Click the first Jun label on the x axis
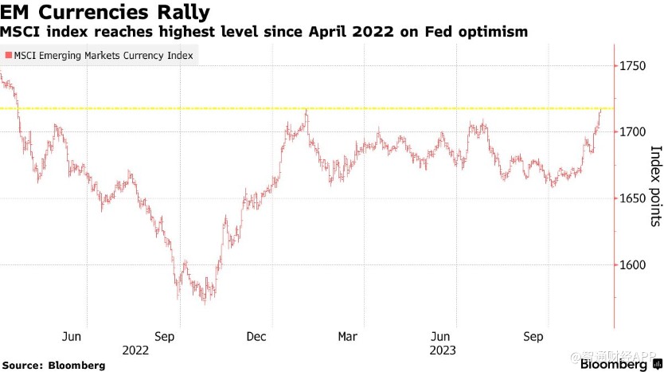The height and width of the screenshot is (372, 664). (72, 337)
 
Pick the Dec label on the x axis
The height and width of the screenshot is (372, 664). (256, 337)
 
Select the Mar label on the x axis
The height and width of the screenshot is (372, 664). (347, 337)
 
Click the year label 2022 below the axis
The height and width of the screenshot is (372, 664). (136, 349)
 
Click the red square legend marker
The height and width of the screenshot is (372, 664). (7, 56)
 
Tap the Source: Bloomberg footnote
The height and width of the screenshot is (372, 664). (53, 365)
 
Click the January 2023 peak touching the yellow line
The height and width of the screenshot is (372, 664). (306, 111)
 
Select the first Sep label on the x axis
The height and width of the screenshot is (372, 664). (164, 337)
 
